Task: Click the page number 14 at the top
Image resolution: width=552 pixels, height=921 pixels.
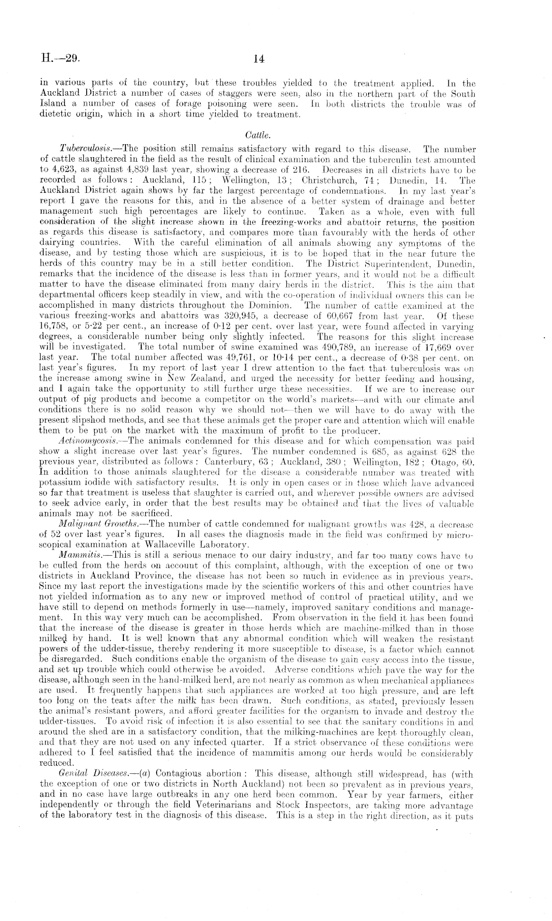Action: pos(258,59)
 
